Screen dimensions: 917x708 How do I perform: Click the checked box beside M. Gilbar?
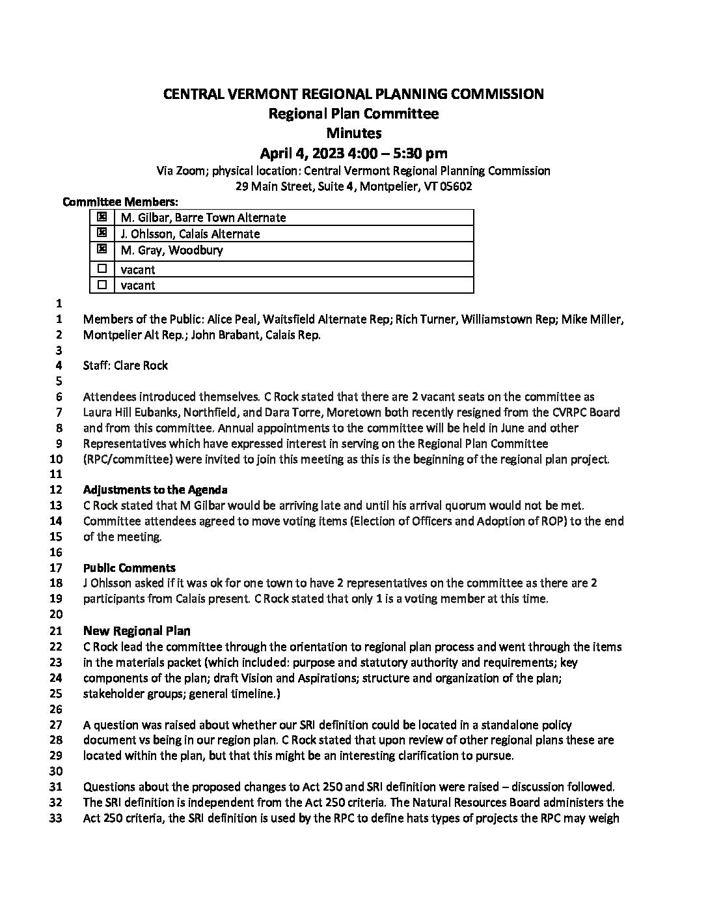[x=102, y=217]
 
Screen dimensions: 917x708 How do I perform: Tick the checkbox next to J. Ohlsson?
[x=102, y=233]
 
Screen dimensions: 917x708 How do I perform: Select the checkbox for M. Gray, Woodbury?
[x=102, y=249]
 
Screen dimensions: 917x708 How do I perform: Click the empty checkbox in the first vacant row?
[x=102, y=268]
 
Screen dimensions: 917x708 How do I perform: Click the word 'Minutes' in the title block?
[x=353, y=134]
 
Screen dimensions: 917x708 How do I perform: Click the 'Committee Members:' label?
[x=120, y=202]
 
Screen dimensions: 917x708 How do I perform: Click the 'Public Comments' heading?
[x=129, y=568]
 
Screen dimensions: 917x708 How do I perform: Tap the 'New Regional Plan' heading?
[x=137, y=630]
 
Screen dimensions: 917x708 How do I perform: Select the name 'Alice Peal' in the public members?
[x=233, y=319]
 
